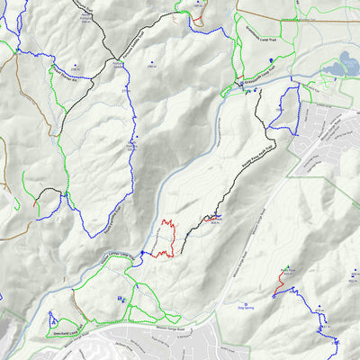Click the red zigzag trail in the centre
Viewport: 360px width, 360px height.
click(x=165, y=238)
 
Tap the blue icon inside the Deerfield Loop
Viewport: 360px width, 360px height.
click(x=52, y=319)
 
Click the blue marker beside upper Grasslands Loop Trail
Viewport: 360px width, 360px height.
click(x=271, y=60)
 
